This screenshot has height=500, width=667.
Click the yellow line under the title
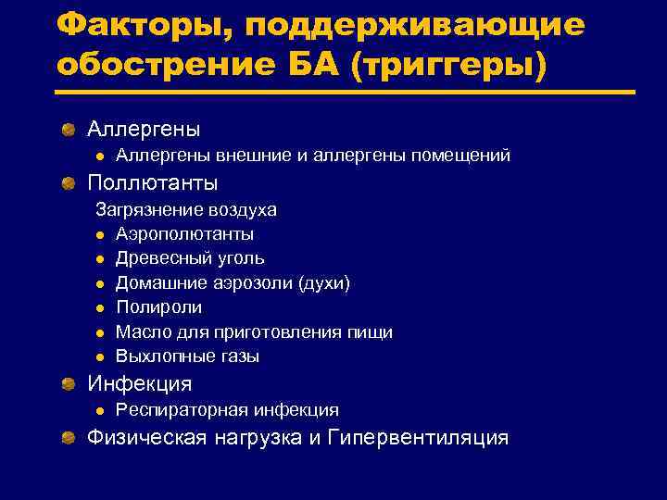tap(345, 93)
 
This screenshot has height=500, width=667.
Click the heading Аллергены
tap(144, 129)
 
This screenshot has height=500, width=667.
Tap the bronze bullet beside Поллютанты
tap(69, 183)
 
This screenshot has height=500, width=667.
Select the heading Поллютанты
tap(153, 183)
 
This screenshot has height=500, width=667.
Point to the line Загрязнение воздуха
tap(186, 210)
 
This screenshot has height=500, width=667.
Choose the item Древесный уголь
tap(190, 258)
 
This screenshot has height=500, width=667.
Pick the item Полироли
tap(158, 307)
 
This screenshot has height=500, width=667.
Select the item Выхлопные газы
tap(187, 356)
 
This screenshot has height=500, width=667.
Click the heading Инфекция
tap(140, 383)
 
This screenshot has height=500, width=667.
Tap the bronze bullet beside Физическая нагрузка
tap(69, 437)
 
